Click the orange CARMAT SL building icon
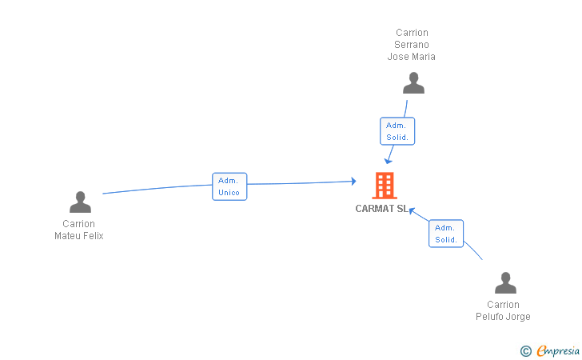(x=385, y=186)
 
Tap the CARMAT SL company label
(x=381, y=209)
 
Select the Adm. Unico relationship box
(x=229, y=186)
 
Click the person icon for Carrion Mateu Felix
(x=80, y=202)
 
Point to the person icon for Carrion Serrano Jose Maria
(x=413, y=83)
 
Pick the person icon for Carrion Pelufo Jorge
(x=505, y=282)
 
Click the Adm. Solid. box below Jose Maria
(x=397, y=131)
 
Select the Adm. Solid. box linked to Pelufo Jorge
(x=446, y=234)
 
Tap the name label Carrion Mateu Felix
(x=78, y=230)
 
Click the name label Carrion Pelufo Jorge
(x=503, y=310)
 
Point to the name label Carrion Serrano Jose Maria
(x=411, y=45)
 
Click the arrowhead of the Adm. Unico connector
(x=353, y=182)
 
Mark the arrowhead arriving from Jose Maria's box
(x=388, y=161)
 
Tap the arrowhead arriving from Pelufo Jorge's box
(x=412, y=210)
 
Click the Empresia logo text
(x=558, y=350)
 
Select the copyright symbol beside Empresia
(x=526, y=351)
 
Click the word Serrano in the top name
(x=411, y=45)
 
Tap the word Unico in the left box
(x=229, y=193)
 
